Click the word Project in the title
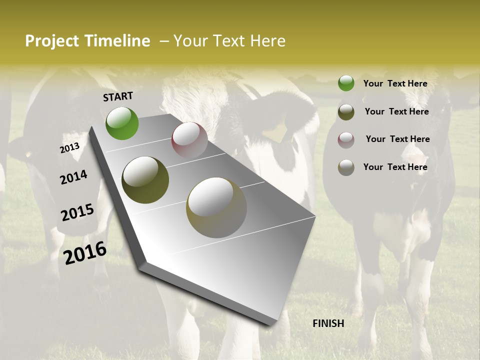pyautogui.click(x=51, y=41)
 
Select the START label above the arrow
pyautogui.click(x=118, y=96)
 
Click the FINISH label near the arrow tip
pyautogui.click(x=328, y=323)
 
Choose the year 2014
pyautogui.click(x=74, y=177)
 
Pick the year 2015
pyautogui.click(x=77, y=212)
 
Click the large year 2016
pyautogui.click(x=85, y=253)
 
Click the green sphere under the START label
pyautogui.click(x=122, y=123)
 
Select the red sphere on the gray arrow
pyautogui.click(x=189, y=140)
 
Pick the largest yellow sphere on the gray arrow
pyautogui.click(x=216, y=207)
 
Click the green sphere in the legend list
pyautogui.click(x=346, y=83)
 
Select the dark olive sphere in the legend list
pyautogui.click(x=346, y=112)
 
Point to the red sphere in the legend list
pyautogui.click(x=346, y=140)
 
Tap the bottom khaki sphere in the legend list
pyautogui.click(x=346, y=167)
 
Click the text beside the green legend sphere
pyautogui.click(x=395, y=83)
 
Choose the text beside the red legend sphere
pyautogui.click(x=397, y=139)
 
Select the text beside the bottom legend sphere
pyautogui.click(x=395, y=167)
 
